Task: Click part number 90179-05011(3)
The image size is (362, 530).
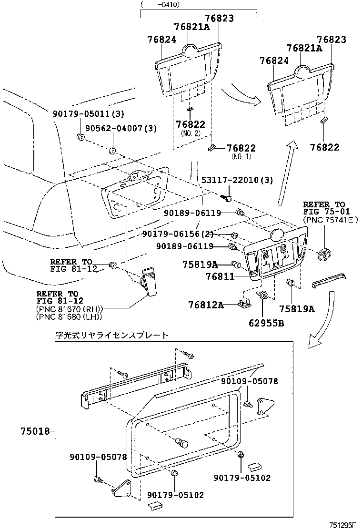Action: (x=88, y=114)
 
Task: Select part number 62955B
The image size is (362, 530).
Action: (x=266, y=324)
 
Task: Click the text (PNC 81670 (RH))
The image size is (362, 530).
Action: (x=70, y=309)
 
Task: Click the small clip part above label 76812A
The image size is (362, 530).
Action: (x=245, y=302)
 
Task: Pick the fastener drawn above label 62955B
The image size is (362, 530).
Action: (x=264, y=297)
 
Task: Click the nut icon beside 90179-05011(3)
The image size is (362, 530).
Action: (x=80, y=137)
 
